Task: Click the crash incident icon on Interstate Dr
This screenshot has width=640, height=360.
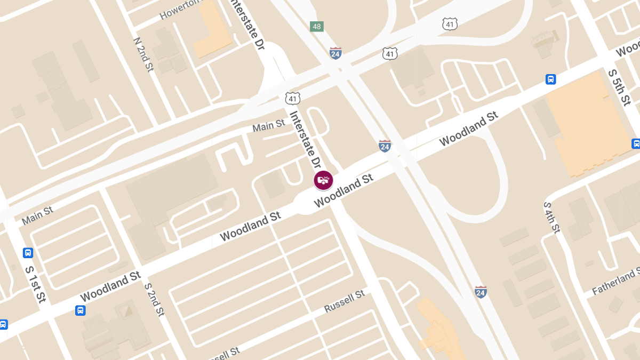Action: pos(323,180)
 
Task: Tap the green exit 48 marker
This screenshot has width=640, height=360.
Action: pos(317,26)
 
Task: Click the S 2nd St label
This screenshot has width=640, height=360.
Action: pos(155,299)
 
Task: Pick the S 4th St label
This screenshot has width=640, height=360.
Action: pos(551,217)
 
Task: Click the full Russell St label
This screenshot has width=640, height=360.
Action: pos(345,301)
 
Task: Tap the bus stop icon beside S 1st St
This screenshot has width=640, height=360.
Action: pos(28,253)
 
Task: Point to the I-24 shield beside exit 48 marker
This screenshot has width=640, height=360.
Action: pos(335,53)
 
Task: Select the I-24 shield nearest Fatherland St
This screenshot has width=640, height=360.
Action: pos(481,292)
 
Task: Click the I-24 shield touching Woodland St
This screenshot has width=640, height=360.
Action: pos(385,146)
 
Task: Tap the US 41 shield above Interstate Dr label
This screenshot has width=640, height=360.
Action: pos(292,98)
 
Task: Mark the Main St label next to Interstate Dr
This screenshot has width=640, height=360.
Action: pos(268,126)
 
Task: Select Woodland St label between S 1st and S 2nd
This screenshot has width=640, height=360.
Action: pos(110,286)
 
